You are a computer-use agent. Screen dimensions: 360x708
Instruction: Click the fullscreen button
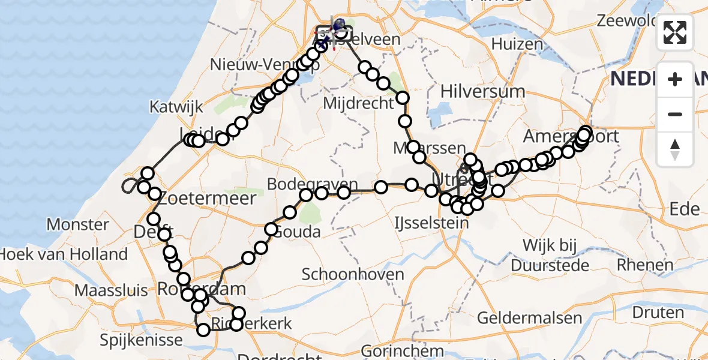[x=675, y=32]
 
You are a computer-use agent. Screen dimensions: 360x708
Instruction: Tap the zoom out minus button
[x=675, y=114]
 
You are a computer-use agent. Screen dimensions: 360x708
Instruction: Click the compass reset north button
[x=675, y=148]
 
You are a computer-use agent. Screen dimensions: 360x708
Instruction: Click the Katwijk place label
[x=173, y=108]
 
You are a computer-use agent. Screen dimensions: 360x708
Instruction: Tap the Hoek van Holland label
[x=64, y=254]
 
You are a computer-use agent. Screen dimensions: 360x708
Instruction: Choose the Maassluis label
[x=111, y=291]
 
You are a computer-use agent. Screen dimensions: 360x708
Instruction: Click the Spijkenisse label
[x=142, y=340]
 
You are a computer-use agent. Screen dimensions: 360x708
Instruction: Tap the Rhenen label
[x=645, y=265]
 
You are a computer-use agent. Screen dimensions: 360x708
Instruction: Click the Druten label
[x=658, y=313]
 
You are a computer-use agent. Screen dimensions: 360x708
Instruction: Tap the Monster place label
[x=77, y=225]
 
